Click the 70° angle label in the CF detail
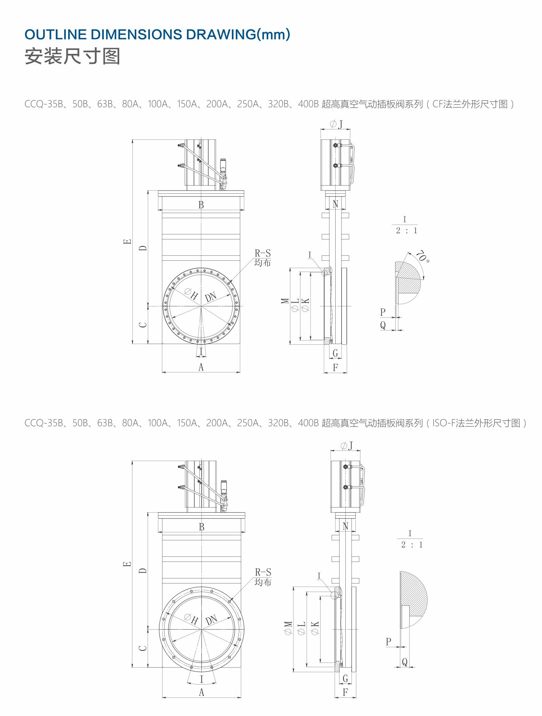click(422, 256)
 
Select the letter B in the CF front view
click(201, 205)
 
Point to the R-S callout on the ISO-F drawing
click(263, 572)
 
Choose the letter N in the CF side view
click(335, 204)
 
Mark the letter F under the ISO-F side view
click(345, 692)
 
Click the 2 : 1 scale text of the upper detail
click(406, 231)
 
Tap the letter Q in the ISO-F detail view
click(405, 662)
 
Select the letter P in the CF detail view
click(383, 312)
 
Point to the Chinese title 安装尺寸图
click(72, 57)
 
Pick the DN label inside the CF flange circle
click(211, 297)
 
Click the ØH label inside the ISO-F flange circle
click(191, 619)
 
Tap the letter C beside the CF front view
click(143, 324)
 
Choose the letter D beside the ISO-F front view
click(143, 570)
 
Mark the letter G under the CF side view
click(335, 353)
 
